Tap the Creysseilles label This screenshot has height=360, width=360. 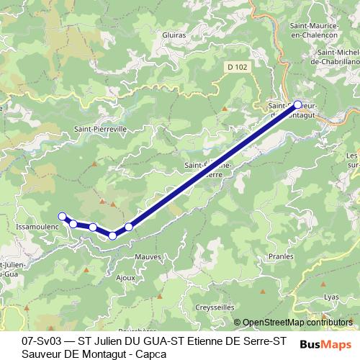[215, 307]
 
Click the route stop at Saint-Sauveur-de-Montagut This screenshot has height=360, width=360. [298, 104]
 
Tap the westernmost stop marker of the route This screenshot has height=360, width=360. [62, 216]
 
